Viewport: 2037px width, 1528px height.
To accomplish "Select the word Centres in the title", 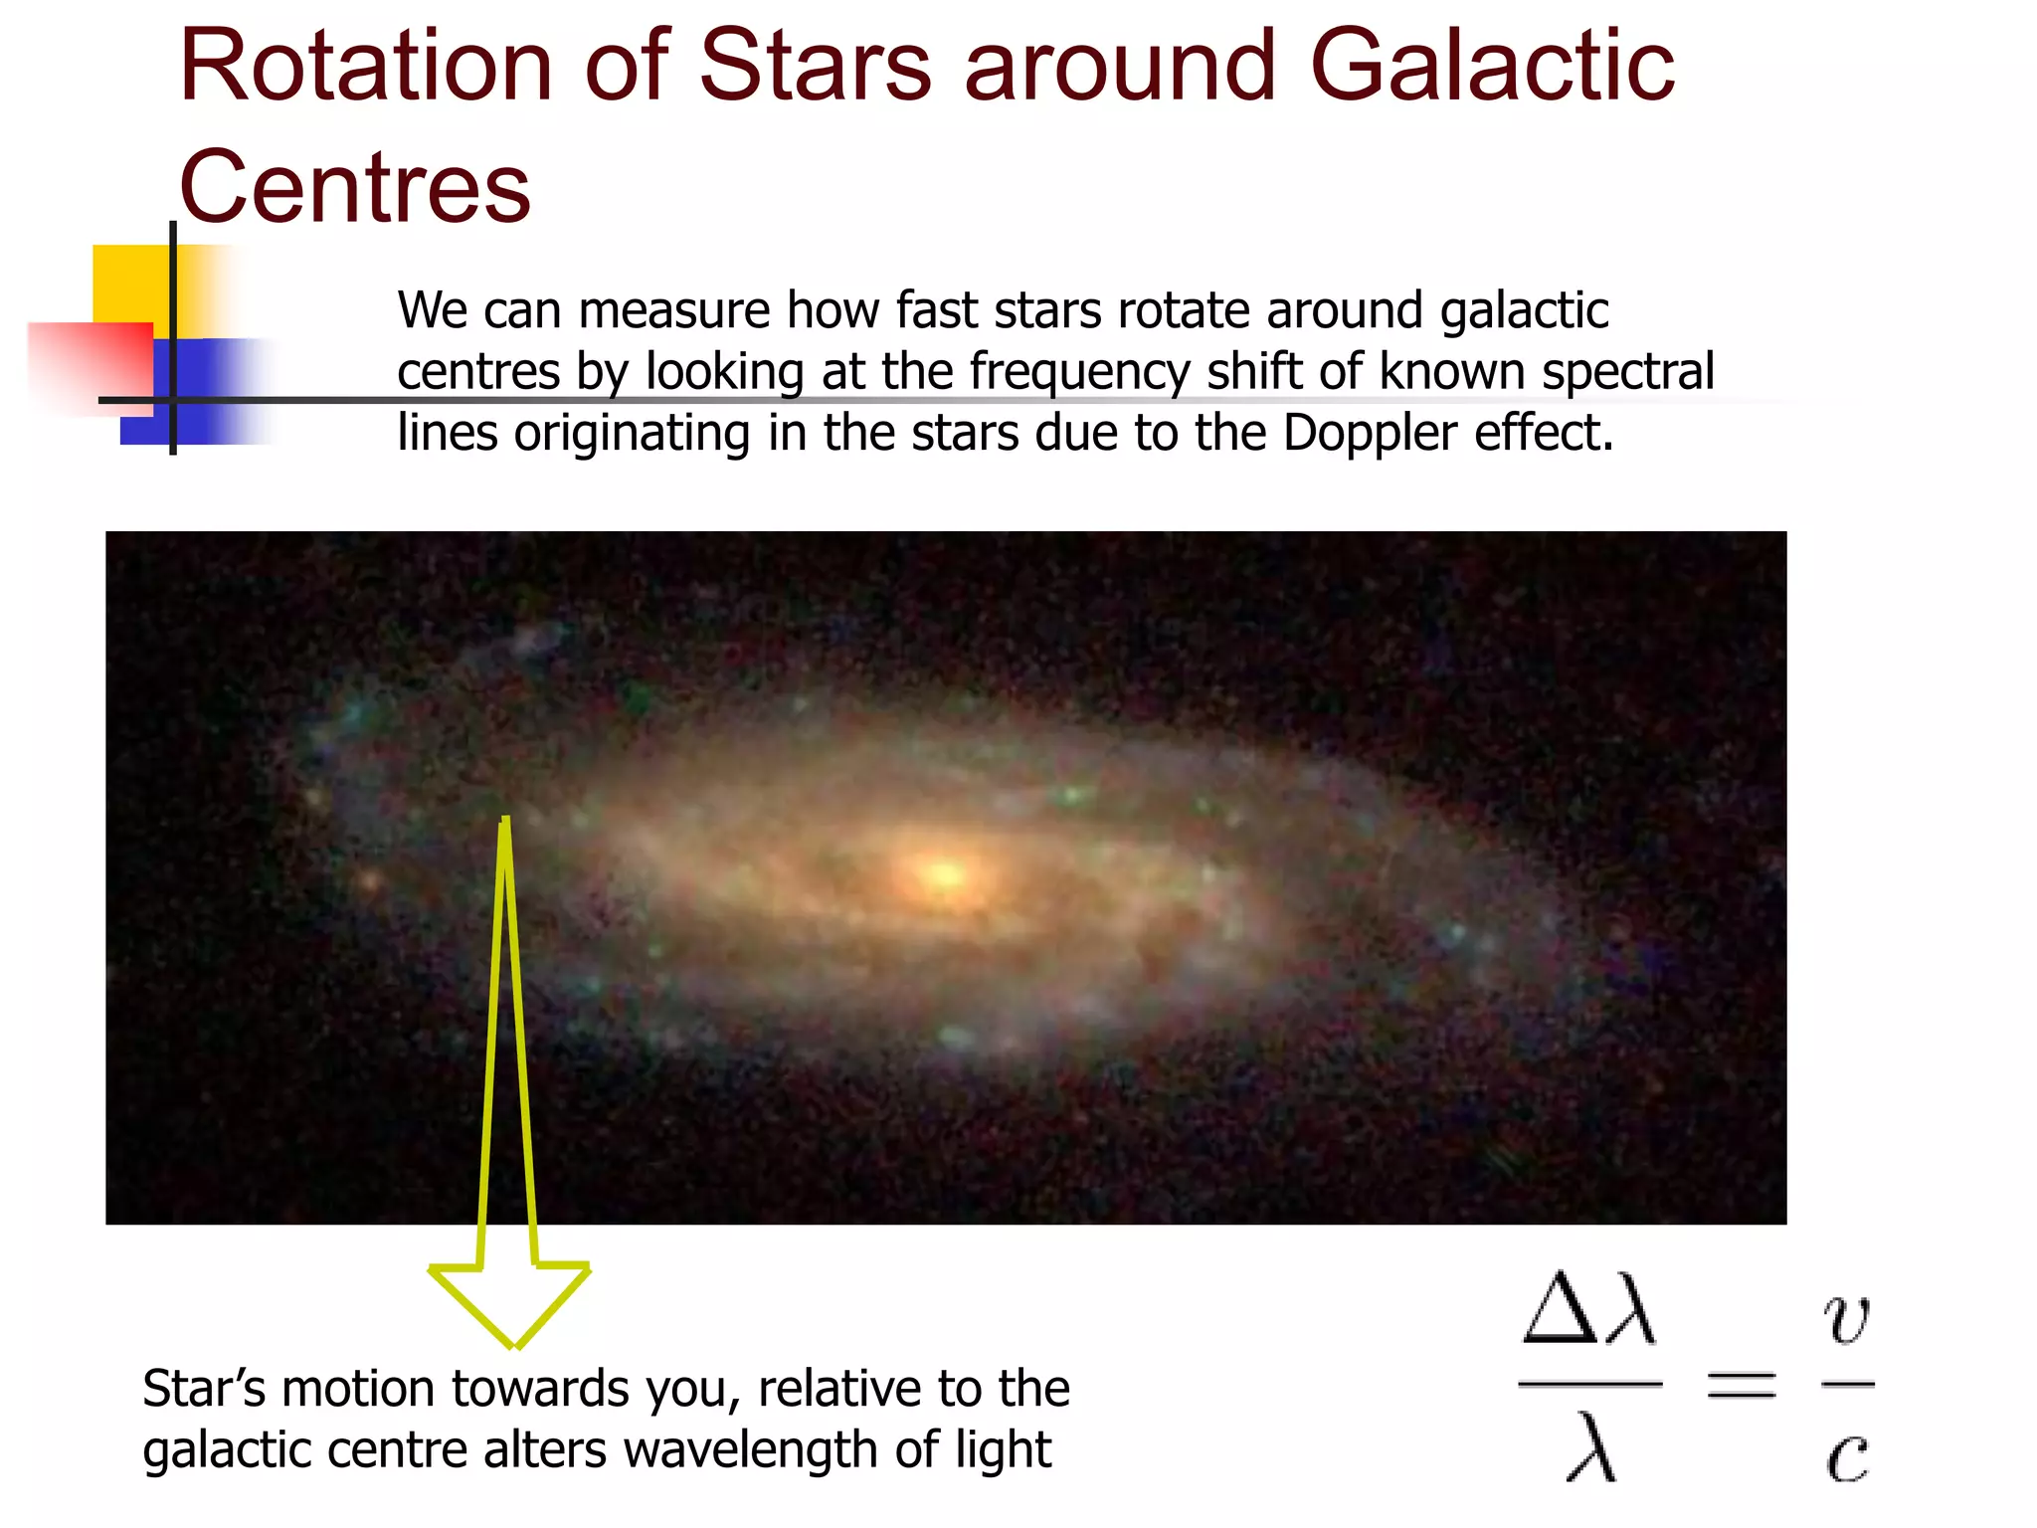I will tap(355, 187).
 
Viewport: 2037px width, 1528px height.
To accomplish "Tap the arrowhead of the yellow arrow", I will tap(510, 1303).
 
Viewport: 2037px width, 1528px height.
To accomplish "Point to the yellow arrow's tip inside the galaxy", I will tap(506, 822).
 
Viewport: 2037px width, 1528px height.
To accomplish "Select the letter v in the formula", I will tap(1847, 1319).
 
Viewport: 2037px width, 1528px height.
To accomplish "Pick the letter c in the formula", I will tap(1847, 1456).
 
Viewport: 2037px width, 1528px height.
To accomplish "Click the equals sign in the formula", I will tap(1741, 1384).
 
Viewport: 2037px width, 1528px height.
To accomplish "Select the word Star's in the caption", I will tap(204, 1389).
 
